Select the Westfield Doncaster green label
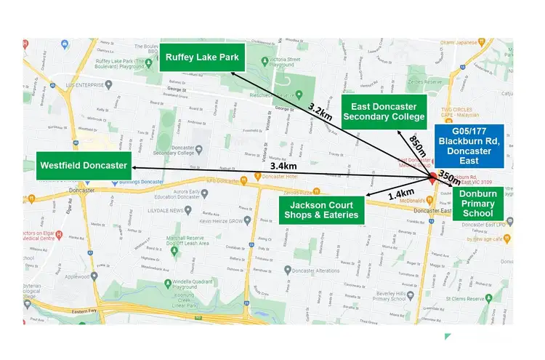pos(84,165)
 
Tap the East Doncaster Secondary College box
pos(383,111)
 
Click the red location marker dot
pos(432,176)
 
